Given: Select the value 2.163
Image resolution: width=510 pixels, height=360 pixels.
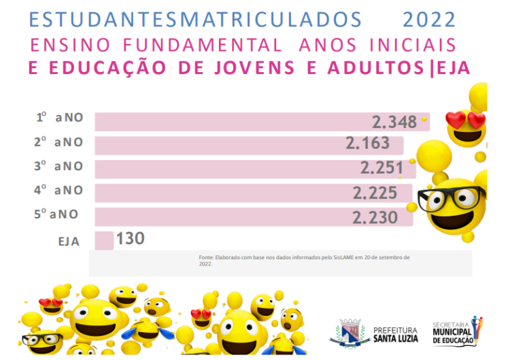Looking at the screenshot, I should click(368, 144).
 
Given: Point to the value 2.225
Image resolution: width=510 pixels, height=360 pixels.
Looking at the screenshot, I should click(375, 193).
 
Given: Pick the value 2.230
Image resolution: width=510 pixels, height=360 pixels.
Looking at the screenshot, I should click(375, 217).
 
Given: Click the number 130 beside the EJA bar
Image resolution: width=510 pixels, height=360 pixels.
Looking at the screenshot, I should click(131, 240).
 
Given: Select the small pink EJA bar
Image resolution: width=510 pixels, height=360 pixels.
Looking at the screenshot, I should click(104, 240).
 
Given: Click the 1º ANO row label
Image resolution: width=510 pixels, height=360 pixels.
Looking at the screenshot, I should click(60, 118).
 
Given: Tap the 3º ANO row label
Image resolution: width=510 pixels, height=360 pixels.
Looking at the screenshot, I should click(58, 166).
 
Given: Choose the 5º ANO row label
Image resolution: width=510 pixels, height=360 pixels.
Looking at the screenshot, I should click(56, 214).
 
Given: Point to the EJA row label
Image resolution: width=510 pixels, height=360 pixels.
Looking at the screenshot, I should click(69, 240).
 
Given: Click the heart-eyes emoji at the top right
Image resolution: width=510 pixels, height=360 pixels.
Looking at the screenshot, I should click(466, 124).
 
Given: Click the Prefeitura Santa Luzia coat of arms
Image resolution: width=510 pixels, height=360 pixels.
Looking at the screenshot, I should click(350, 333).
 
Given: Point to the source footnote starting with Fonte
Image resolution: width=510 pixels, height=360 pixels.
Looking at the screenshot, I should click(304, 260).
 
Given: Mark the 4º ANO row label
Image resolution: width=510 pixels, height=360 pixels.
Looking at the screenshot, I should click(58, 191).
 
